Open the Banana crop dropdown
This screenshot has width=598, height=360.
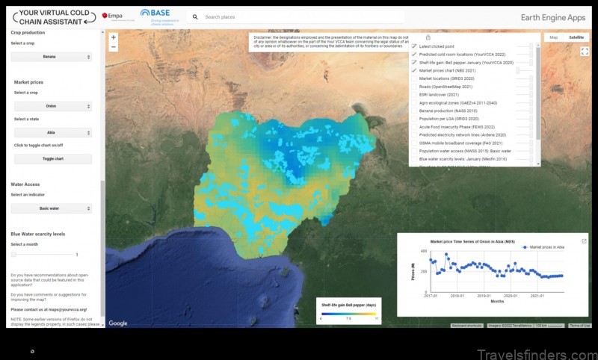pos(52,57)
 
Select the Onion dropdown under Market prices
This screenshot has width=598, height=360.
pos(52,106)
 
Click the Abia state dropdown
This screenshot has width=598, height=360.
pos(52,132)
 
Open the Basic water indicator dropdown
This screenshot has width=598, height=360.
pos(52,208)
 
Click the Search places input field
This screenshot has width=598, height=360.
pos(299,16)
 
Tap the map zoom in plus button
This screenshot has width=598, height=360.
pos(113,37)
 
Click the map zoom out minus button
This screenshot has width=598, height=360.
pos(113,46)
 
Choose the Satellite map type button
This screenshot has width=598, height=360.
pos(576,37)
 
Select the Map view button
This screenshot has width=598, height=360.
pos(553,37)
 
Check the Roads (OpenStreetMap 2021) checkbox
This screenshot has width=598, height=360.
pos(413,87)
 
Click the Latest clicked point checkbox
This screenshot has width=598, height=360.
pos(413,46)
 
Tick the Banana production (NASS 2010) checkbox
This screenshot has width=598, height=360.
pos(413,111)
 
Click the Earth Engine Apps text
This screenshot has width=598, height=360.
pos(552,16)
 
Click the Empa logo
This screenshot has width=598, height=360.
pos(112,16)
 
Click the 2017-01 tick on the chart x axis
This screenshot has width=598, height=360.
pos(430,297)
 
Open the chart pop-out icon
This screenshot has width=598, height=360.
pos(584,241)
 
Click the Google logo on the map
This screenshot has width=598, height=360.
pos(118,323)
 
